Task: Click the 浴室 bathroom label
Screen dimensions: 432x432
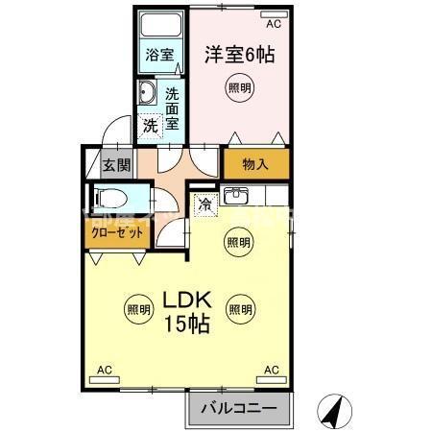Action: click(159, 56)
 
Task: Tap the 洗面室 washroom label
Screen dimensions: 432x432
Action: click(173, 108)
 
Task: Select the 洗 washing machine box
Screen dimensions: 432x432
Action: click(151, 125)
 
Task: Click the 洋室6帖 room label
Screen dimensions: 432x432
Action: click(238, 54)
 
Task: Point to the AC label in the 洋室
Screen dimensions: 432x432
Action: click(273, 23)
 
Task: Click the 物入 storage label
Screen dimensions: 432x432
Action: click(255, 164)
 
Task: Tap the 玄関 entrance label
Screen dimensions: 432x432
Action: click(116, 165)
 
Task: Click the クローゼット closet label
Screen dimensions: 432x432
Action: click(113, 232)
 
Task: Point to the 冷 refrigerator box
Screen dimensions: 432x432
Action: click(204, 203)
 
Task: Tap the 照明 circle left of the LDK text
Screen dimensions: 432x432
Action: click(137, 309)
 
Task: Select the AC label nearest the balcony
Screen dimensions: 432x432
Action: click(271, 370)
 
